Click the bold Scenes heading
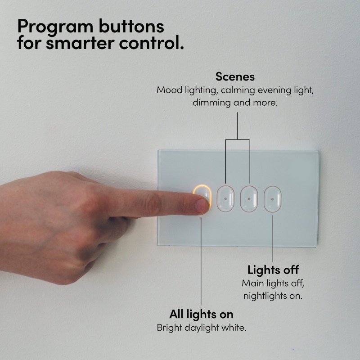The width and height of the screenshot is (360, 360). tap(235, 76)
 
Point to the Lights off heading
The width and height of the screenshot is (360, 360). tap(273, 270)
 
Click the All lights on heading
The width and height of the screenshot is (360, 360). tap(201, 314)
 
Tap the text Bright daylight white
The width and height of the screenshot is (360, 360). tap(201, 328)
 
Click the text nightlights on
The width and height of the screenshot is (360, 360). tap(273, 296)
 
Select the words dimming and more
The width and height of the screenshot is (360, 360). tap(235, 103)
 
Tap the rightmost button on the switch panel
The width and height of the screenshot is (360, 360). tap(273, 199)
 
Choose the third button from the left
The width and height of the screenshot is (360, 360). tap(249, 199)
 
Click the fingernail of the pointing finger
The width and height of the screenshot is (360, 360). tap(202, 206)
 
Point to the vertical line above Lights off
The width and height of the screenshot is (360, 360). tap(273, 238)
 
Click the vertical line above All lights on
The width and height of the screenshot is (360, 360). tap(201, 262)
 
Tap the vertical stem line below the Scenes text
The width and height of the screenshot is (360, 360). tap(238, 126)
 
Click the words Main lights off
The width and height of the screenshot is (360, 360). tap(273, 283)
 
